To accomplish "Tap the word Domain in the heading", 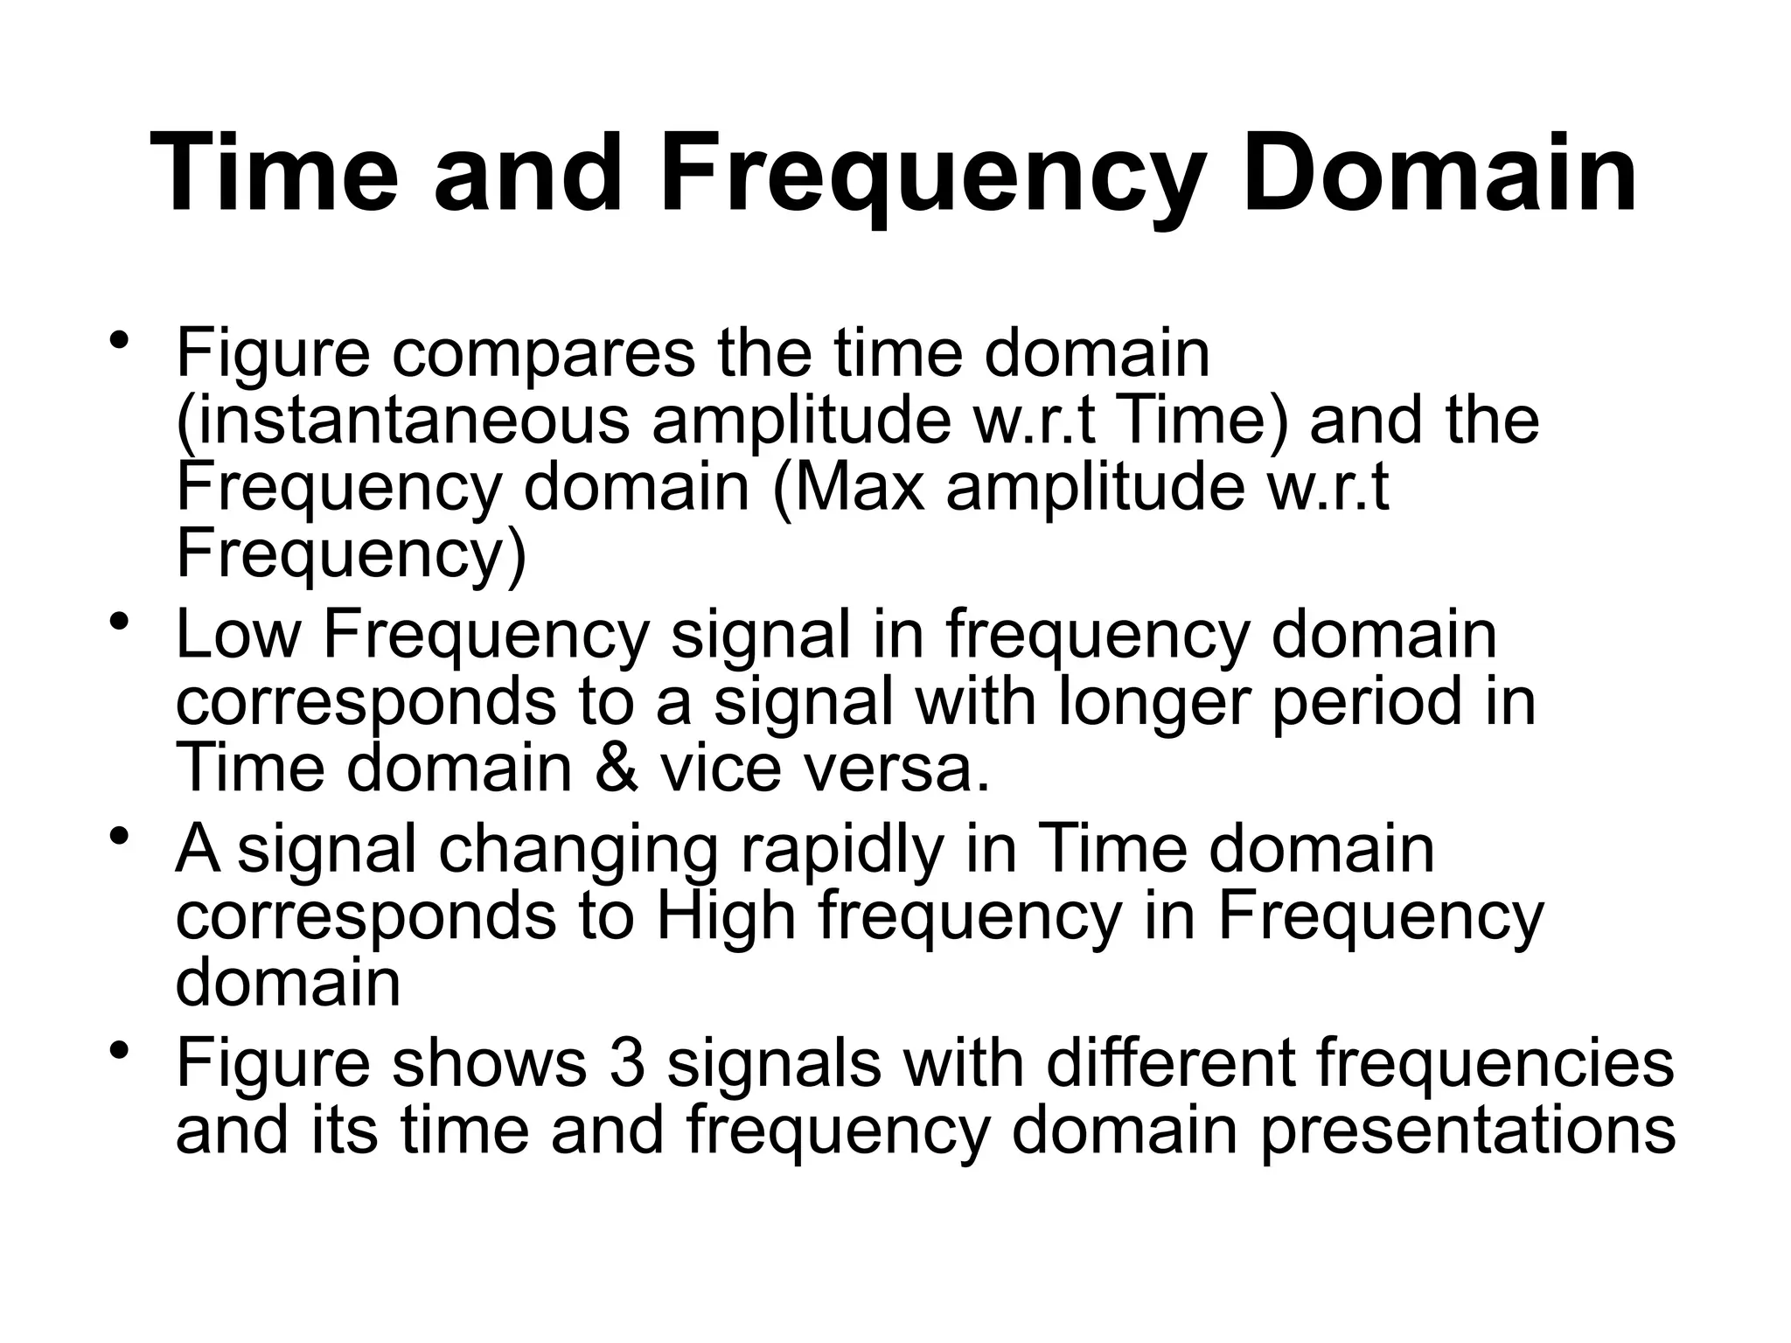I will [1438, 173].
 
